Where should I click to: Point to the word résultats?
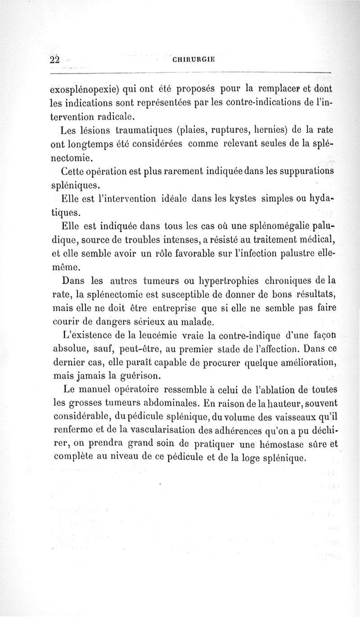310,295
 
